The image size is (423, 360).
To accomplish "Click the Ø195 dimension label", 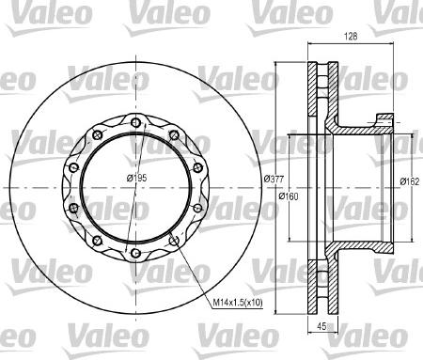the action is (x=136, y=179).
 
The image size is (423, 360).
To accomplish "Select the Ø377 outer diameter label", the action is (x=274, y=179).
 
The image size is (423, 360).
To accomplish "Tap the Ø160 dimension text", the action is (x=289, y=196).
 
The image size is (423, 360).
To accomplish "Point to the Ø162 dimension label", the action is (x=409, y=181).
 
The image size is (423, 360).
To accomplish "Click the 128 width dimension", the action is (x=351, y=37).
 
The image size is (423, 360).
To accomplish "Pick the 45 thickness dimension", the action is (x=321, y=326).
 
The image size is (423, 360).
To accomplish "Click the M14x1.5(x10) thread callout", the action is (x=238, y=303).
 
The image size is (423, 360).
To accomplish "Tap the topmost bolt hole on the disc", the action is (x=135, y=122).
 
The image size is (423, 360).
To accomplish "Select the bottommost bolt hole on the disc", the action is (x=135, y=253).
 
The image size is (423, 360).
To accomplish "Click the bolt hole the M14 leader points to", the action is (x=174, y=241).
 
